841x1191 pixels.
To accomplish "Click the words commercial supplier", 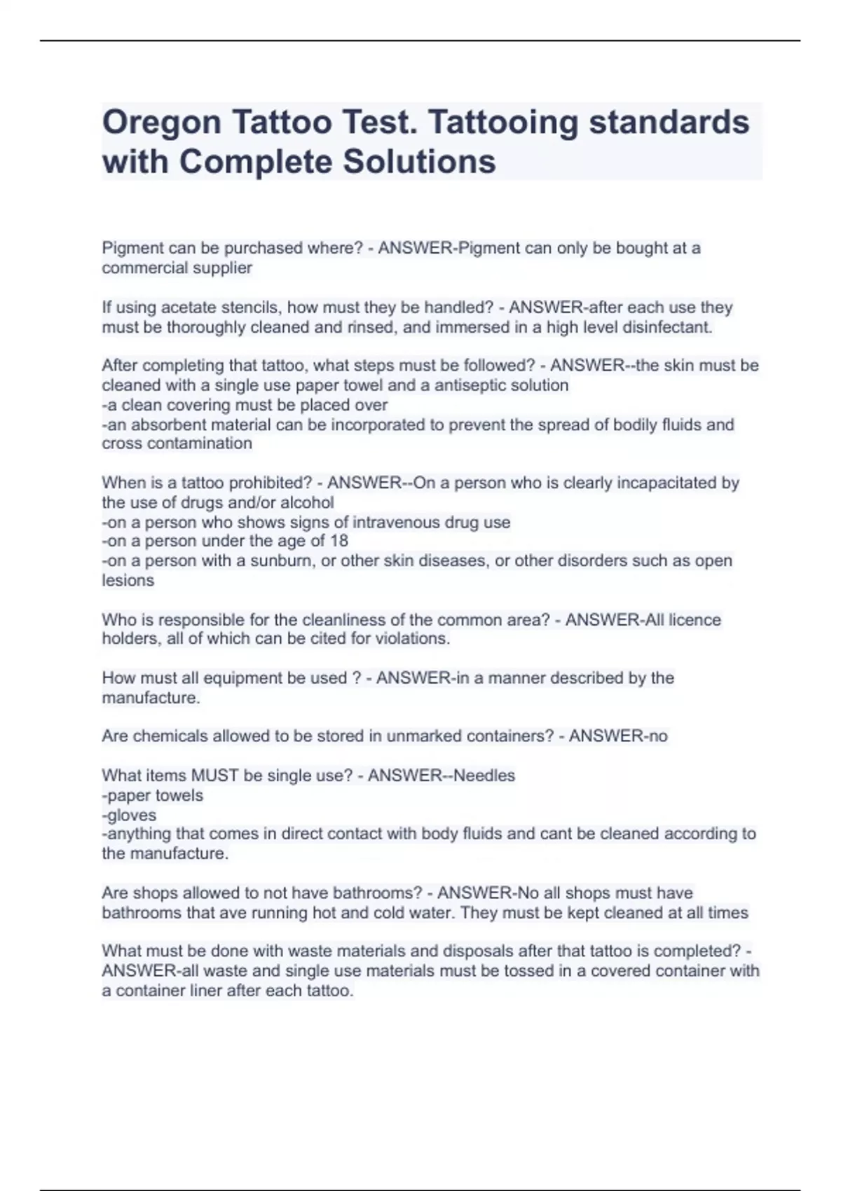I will (177, 268).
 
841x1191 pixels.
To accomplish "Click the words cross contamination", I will (177, 443).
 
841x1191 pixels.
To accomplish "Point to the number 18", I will (339, 541).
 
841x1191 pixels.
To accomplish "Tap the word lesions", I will (128, 580).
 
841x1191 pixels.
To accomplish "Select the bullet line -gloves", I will (129, 815).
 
